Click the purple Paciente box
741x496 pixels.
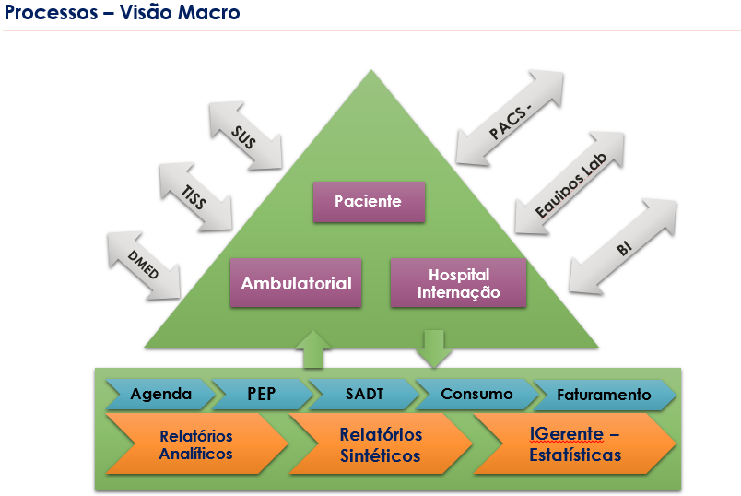tap(369, 202)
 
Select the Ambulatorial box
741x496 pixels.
tap(296, 283)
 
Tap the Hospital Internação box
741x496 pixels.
tap(458, 283)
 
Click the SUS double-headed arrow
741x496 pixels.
tap(246, 136)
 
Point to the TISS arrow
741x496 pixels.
tap(195, 197)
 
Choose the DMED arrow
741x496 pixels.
tap(144, 266)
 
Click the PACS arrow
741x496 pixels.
tap(510, 118)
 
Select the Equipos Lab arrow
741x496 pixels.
tap(570, 183)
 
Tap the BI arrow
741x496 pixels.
tap(623, 246)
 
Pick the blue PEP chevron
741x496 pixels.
tap(263, 394)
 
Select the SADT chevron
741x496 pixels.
tap(364, 394)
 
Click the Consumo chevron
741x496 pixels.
tap(476, 394)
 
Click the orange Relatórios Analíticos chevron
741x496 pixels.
tap(197, 444)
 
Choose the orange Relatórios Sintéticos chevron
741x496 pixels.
tap(381, 444)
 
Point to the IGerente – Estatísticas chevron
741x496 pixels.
tap(575, 444)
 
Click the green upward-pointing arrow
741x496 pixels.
tap(313, 349)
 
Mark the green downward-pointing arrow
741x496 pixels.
tap(434, 349)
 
